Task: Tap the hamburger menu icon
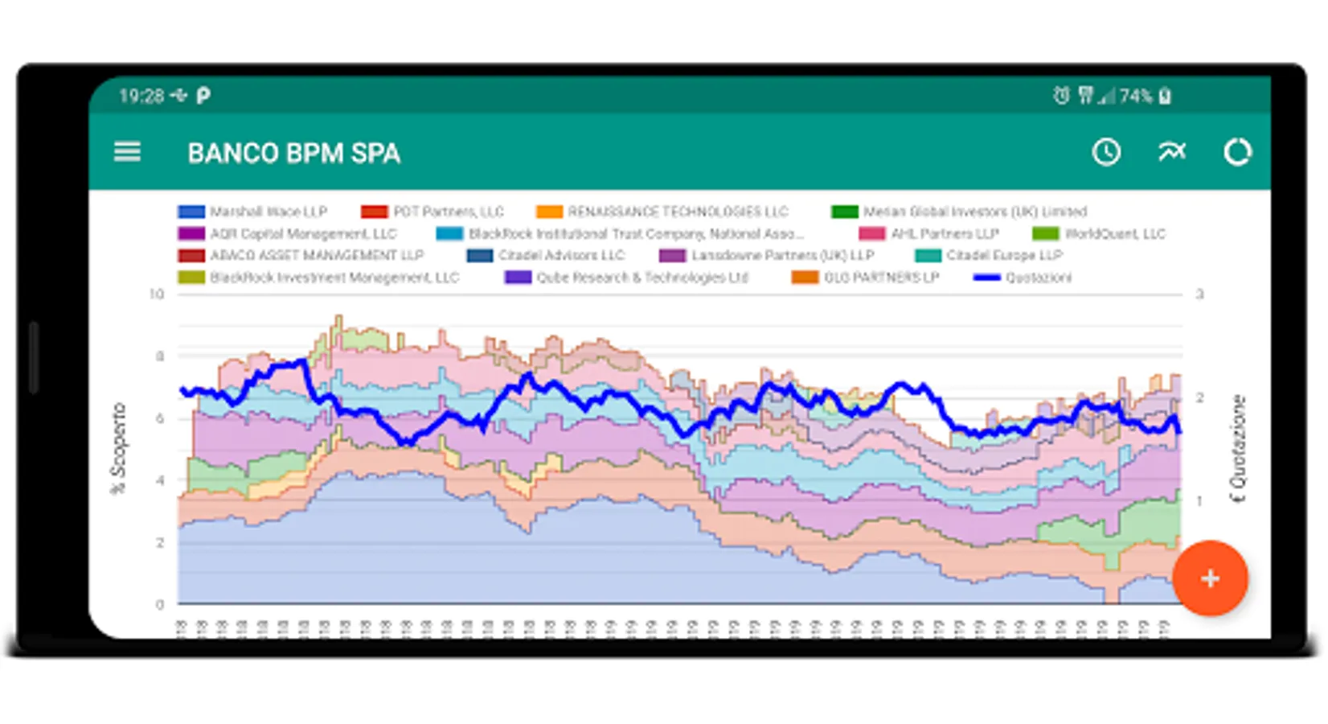pyautogui.click(x=127, y=152)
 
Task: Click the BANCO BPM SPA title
pyautogui.click(x=293, y=153)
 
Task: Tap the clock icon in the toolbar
pyautogui.click(x=1106, y=152)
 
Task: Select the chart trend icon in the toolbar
pyautogui.click(x=1171, y=151)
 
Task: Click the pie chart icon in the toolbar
pyautogui.click(x=1237, y=152)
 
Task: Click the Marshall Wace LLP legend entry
pyautogui.click(x=253, y=212)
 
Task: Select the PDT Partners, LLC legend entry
pyautogui.click(x=432, y=212)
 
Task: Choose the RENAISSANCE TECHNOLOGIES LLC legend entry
pyautogui.click(x=662, y=212)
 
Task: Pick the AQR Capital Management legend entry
pyautogui.click(x=288, y=234)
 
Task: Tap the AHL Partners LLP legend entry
pyautogui.click(x=929, y=234)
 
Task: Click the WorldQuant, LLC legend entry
pyautogui.click(x=1099, y=234)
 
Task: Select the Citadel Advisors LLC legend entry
pyautogui.click(x=546, y=256)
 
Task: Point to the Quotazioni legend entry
pyautogui.click(x=1023, y=278)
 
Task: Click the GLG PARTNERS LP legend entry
pyautogui.click(x=865, y=278)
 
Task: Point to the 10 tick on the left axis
pyautogui.click(x=156, y=294)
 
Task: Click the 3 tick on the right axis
pyautogui.click(x=1199, y=294)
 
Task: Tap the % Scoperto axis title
pyautogui.click(x=119, y=447)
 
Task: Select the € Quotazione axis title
pyautogui.click(x=1238, y=447)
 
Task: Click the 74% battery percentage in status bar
pyautogui.click(x=1135, y=97)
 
